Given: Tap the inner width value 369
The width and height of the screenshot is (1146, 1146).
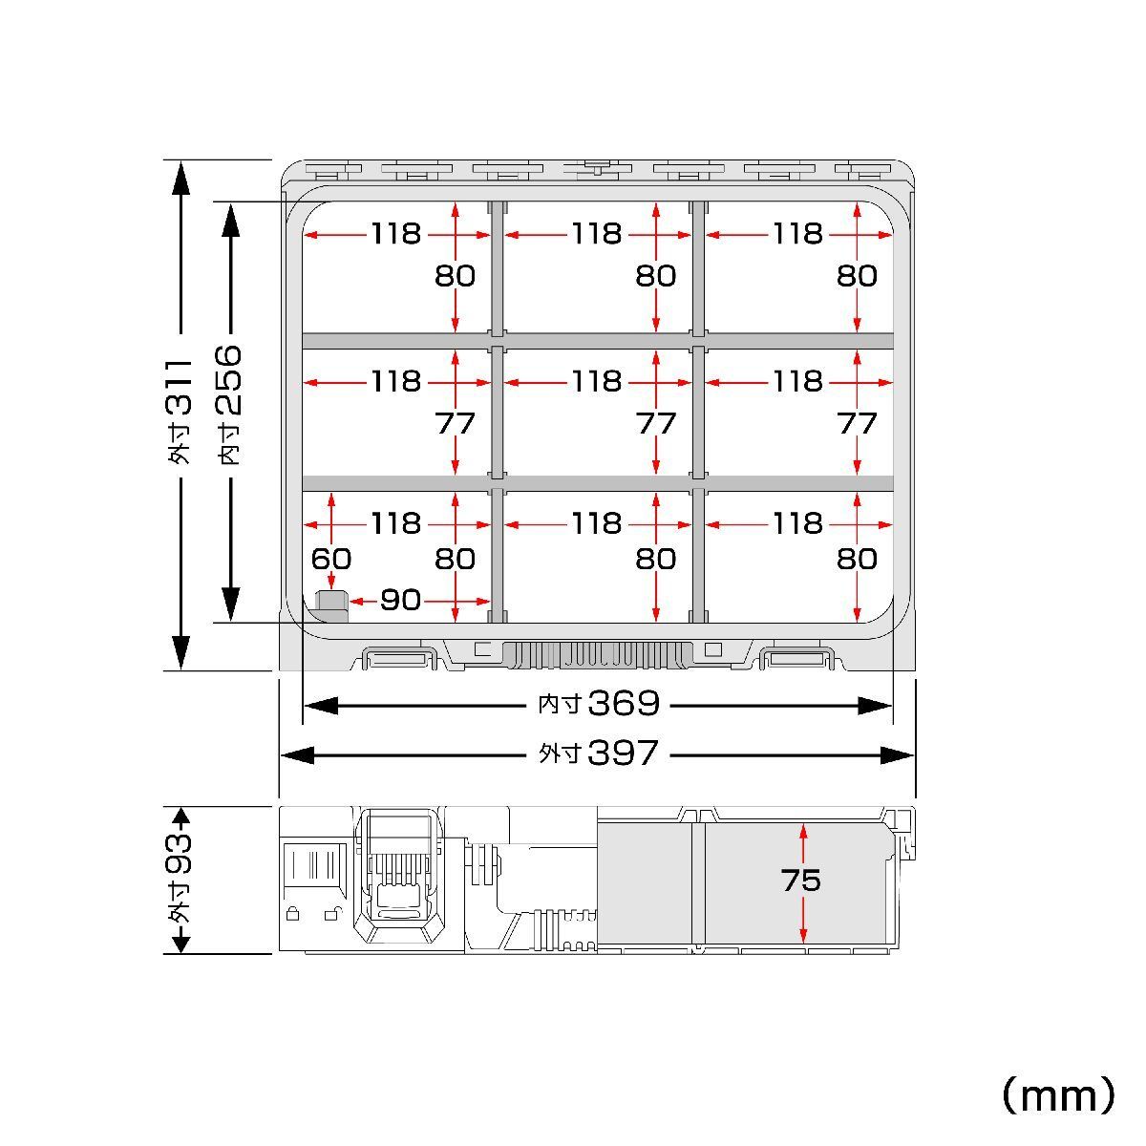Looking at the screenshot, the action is [624, 704].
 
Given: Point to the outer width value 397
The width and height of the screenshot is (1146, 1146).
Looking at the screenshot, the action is [624, 753].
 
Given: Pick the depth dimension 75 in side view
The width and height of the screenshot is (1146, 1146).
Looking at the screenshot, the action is [801, 881].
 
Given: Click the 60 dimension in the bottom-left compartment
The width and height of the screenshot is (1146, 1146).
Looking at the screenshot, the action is [331, 559].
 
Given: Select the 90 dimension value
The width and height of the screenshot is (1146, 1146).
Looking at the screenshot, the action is [401, 600].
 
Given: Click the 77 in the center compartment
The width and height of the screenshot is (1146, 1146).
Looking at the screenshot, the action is [656, 423].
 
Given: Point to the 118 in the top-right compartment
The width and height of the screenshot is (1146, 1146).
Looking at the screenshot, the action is [798, 234].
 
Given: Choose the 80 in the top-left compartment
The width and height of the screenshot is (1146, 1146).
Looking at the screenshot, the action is [455, 276].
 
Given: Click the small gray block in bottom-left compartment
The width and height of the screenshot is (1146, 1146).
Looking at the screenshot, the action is [331, 606].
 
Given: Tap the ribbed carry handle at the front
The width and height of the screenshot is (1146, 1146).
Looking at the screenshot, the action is [598, 655].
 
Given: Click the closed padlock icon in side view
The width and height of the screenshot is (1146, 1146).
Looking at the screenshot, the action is [292, 914].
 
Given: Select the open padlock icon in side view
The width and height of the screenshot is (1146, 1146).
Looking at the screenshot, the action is [333, 914].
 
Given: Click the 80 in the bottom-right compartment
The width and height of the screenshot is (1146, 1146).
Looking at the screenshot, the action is [857, 559].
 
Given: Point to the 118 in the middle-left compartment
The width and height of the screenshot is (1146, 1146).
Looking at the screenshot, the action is [396, 381].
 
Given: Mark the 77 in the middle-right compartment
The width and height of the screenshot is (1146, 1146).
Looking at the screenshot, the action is [857, 423].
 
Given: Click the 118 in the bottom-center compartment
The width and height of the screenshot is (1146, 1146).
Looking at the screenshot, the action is [597, 523].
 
